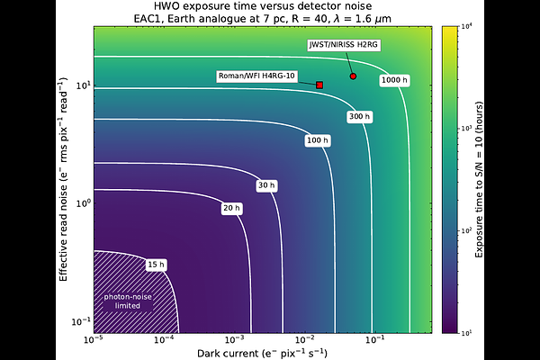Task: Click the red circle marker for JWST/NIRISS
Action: (x=353, y=76)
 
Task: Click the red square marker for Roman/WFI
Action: (x=319, y=85)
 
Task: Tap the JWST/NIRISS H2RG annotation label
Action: (x=344, y=45)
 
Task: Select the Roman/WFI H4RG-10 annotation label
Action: (x=256, y=76)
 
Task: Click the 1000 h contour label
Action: (x=395, y=80)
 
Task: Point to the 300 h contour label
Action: (x=359, y=116)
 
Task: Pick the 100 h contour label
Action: (x=318, y=140)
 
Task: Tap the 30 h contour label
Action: (x=266, y=185)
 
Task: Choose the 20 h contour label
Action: (x=232, y=208)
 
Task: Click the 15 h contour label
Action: (x=156, y=265)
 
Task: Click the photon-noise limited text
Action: (x=128, y=301)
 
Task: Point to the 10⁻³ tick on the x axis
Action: (x=235, y=340)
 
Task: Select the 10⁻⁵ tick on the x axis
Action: (x=94, y=340)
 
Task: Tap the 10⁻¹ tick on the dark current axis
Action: (x=375, y=340)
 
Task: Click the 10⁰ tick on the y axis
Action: (x=83, y=203)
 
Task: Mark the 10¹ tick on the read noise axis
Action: (x=83, y=85)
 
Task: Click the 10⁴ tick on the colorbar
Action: (x=467, y=26)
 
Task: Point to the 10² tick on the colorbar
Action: (x=467, y=230)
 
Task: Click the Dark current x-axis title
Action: (x=263, y=354)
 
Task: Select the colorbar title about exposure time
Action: (x=479, y=179)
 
